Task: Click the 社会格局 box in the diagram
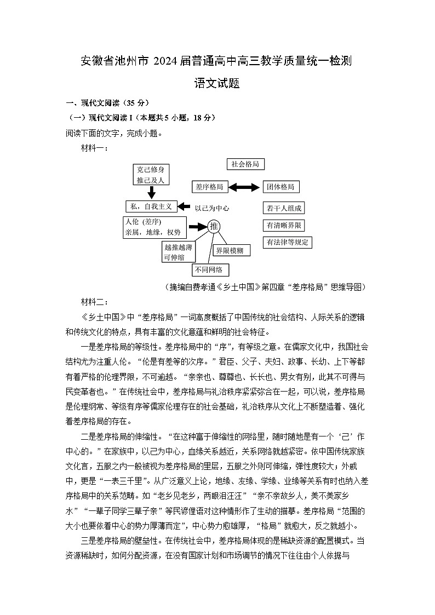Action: pyautogui.click(x=245, y=164)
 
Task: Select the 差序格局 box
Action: pyautogui.click(x=209, y=187)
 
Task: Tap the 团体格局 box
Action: pyautogui.click(x=281, y=187)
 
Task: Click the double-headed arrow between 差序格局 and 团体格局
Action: pyautogui.click(x=244, y=187)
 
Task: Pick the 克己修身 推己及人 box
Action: pyautogui.click(x=151, y=175)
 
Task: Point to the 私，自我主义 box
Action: pyautogui.click(x=151, y=206)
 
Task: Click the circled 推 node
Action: pyautogui.click(x=214, y=226)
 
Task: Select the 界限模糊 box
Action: pyautogui.click(x=232, y=250)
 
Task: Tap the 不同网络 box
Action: pyautogui.click(x=210, y=270)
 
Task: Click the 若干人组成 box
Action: pyautogui.click(x=284, y=208)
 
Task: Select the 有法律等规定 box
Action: pyautogui.click(x=288, y=242)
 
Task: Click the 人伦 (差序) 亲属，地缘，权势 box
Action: pyautogui.click(x=153, y=227)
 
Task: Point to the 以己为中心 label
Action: pyautogui.click(x=211, y=208)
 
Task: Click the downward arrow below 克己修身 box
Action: pyautogui.click(x=151, y=192)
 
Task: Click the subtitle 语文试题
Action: pyautogui.click(x=218, y=84)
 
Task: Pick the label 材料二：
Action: pyautogui.click(x=94, y=302)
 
